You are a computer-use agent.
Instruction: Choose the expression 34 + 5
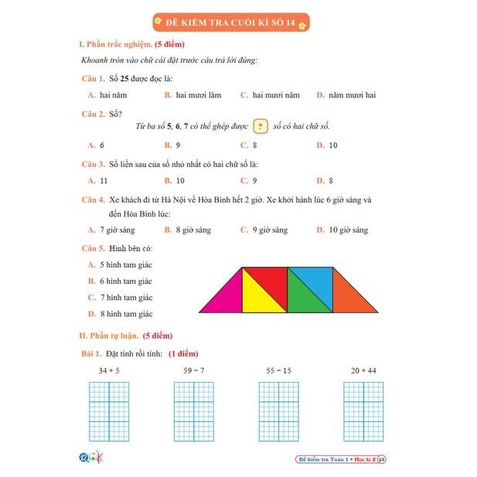(x=108, y=371)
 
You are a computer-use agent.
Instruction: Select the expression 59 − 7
(x=193, y=371)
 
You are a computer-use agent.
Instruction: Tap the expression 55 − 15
(x=278, y=371)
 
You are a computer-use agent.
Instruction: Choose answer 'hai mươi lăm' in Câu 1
(x=198, y=95)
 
